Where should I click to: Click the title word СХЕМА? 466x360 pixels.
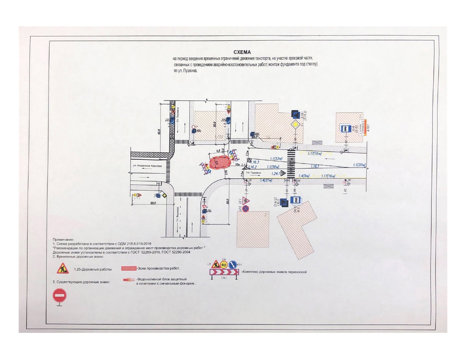pos(242,52)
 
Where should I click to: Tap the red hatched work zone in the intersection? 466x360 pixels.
pos(220,163)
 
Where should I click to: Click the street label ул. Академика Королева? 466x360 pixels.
pos(147,166)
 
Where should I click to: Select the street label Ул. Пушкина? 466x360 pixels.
pos(253,173)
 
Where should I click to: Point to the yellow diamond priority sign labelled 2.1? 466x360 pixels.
pos(295,125)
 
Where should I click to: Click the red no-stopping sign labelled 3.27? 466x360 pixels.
pos(245,209)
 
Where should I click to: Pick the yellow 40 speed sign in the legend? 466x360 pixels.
pos(224,265)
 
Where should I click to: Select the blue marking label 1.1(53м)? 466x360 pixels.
pos(276,159)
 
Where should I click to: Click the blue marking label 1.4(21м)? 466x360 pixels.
pos(266,180)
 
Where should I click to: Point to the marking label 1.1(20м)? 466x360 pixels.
pos(359,165)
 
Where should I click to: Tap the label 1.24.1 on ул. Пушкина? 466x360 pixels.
pos(275,174)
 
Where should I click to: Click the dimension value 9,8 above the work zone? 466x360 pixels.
pos(218,151)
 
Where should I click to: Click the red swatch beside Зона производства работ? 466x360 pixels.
pos(129,268)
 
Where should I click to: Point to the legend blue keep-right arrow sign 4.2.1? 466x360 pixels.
pos(233,265)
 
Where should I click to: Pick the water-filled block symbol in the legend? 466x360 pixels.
pos(129,280)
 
